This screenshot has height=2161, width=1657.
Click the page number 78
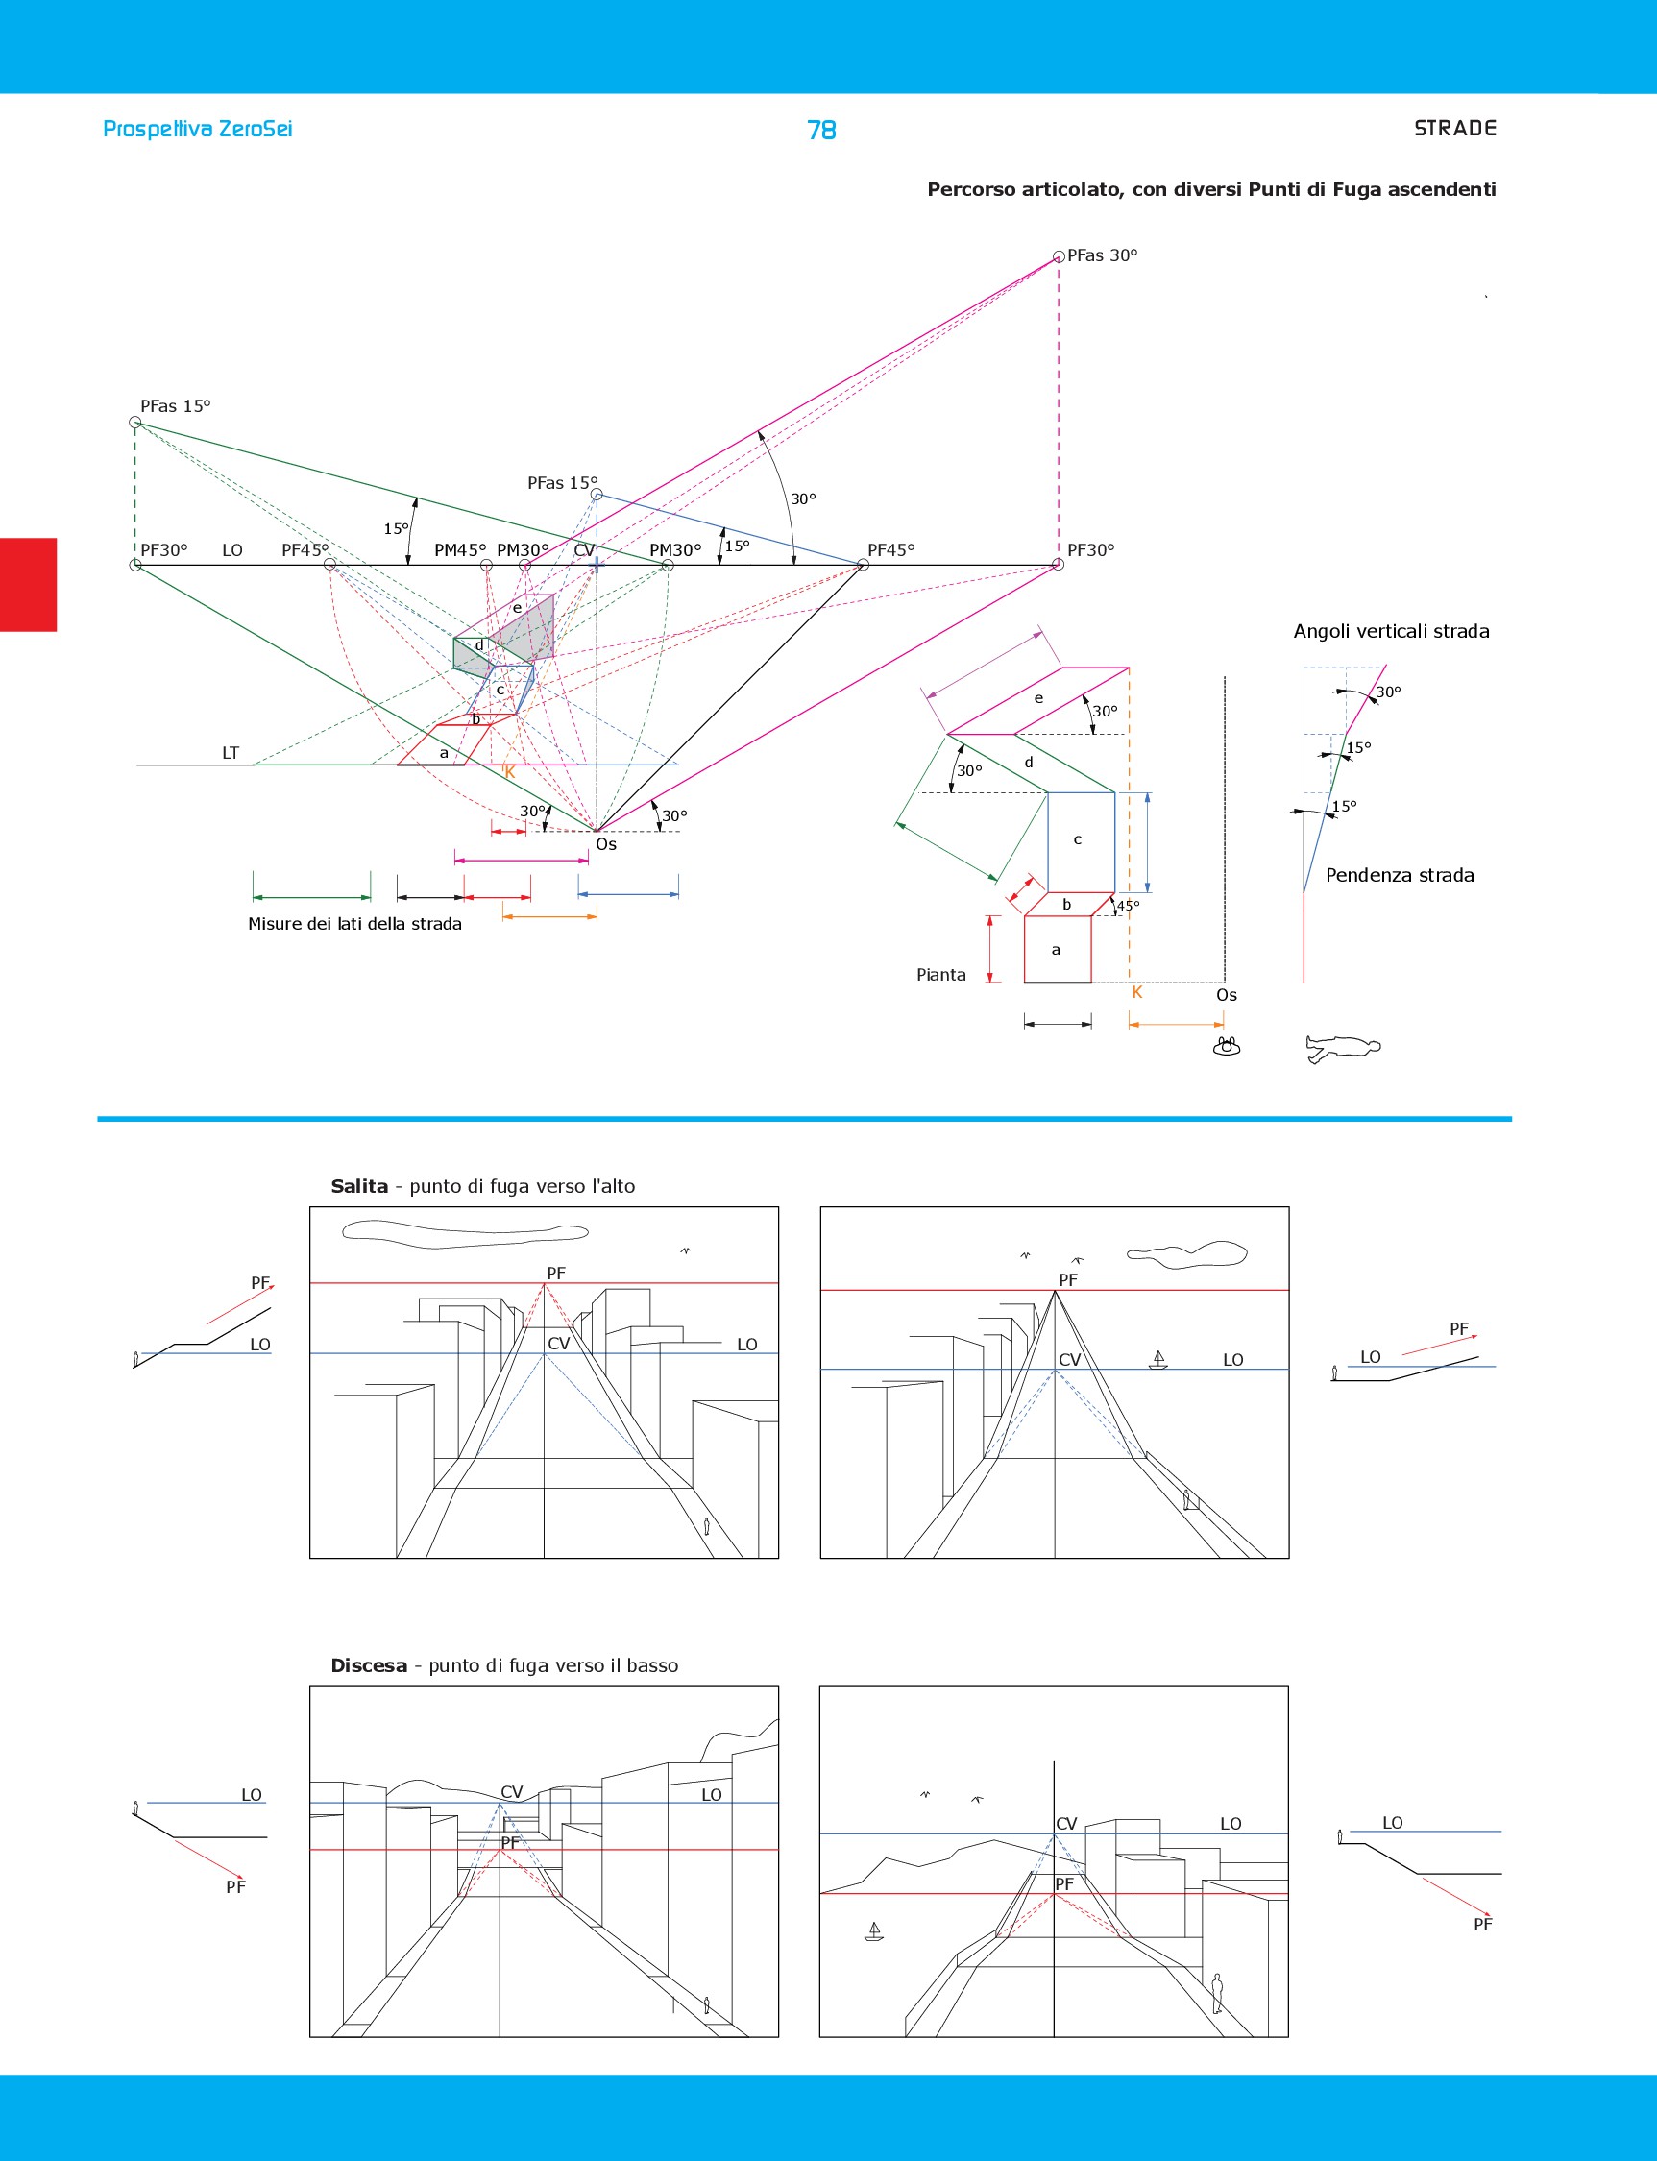pyautogui.click(x=820, y=131)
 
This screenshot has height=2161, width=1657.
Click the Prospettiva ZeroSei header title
pyautogui.click(x=197, y=130)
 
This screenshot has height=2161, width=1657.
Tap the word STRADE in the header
pyautogui.click(x=1455, y=129)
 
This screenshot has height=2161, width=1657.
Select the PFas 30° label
pyautogui.click(x=1102, y=255)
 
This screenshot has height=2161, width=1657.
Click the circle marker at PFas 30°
pyautogui.click(x=1059, y=256)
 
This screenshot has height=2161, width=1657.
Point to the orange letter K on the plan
pyautogui.click(x=1136, y=992)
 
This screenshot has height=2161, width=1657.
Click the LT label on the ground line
pyautogui.click(x=231, y=753)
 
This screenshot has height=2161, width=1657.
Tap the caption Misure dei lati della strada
pyautogui.click(x=354, y=924)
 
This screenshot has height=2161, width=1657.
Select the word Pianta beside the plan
pyautogui.click(x=941, y=975)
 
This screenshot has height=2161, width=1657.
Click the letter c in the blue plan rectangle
pyautogui.click(x=1077, y=839)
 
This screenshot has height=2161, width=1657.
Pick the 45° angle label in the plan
pyautogui.click(x=1128, y=906)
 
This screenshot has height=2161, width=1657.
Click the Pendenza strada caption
pyautogui.click(x=1399, y=875)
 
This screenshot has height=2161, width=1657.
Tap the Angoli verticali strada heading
pyautogui.click(x=1391, y=631)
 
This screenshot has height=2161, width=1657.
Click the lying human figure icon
pyautogui.click(x=1342, y=1048)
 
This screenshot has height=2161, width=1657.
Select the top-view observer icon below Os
pyautogui.click(x=1226, y=1047)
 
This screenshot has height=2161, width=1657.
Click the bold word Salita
pyautogui.click(x=359, y=1186)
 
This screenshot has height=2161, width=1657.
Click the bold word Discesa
pyautogui.click(x=369, y=1665)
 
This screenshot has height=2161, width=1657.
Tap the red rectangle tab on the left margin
pyautogui.click(x=28, y=584)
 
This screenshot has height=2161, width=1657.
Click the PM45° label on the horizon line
pyautogui.click(x=459, y=550)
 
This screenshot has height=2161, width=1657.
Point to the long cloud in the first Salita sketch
pyautogui.click(x=465, y=1233)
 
